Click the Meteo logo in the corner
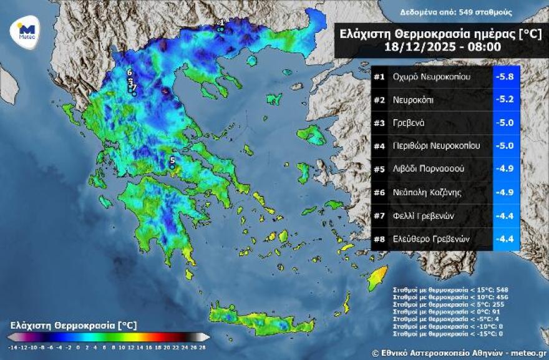coord(26,29)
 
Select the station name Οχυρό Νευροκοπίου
coord(432,77)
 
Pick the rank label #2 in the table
coord(379,100)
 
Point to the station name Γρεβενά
coord(409,123)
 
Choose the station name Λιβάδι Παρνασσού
coord(429,169)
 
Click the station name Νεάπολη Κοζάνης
coord(427,192)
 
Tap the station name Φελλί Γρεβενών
coord(423,215)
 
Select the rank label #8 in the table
coord(379,238)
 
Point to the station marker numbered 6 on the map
coord(129,73)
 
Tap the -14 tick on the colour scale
coord(12,346)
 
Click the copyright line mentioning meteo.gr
coord(459,353)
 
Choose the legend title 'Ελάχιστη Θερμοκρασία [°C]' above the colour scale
coord(74,325)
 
